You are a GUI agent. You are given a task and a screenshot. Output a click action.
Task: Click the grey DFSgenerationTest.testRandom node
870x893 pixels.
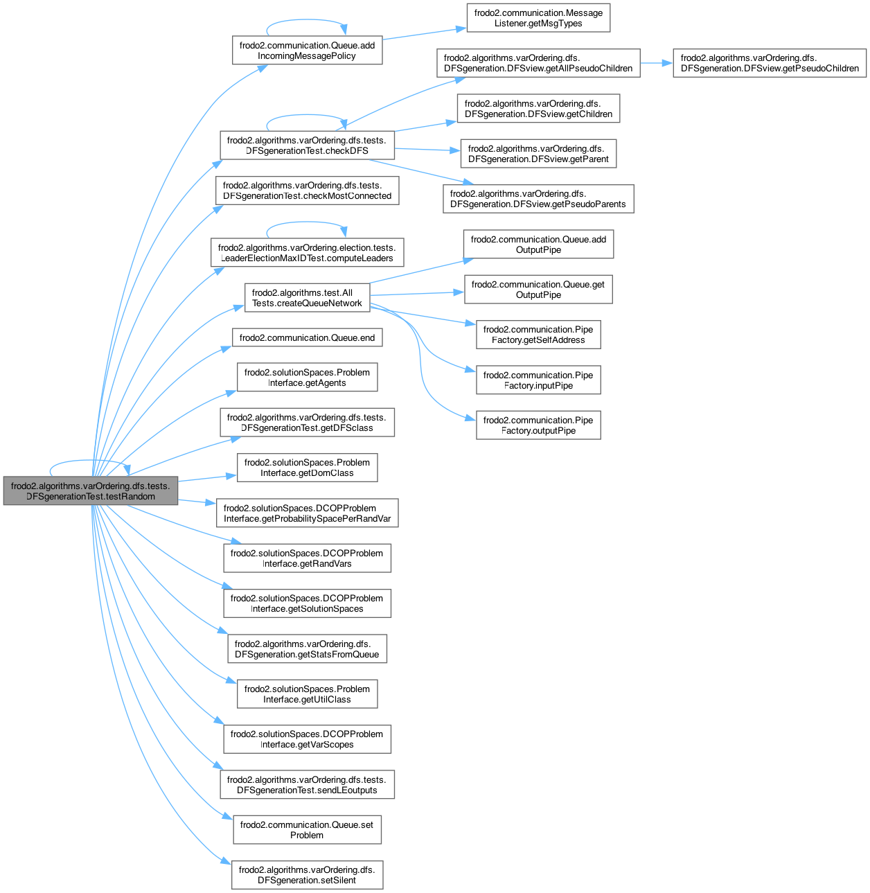click(91, 491)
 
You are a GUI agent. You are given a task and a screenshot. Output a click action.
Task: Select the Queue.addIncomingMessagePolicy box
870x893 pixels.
click(307, 51)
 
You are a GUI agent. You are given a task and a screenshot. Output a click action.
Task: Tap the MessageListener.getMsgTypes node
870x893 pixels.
click(538, 18)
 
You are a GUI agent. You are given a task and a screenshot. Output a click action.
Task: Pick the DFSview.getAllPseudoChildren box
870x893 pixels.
click(538, 63)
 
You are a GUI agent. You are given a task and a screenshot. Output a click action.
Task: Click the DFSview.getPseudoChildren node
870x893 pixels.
click(770, 63)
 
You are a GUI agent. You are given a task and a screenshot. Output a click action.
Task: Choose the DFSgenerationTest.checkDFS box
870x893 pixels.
click(307, 145)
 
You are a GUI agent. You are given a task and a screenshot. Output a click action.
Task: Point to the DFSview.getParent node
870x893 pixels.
click(538, 154)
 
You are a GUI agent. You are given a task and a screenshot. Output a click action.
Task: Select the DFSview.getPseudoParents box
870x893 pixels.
click(538, 199)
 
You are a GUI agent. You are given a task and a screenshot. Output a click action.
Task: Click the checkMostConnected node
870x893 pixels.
click(307, 191)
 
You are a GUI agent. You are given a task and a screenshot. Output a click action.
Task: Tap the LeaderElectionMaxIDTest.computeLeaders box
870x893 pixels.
click(307, 253)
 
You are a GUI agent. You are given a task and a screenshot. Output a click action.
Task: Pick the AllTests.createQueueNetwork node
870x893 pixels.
click(307, 298)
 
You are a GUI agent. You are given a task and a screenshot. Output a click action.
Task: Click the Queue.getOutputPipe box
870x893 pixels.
click(538, 290)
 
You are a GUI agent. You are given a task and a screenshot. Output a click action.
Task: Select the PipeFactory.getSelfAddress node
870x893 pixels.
click(538, 335)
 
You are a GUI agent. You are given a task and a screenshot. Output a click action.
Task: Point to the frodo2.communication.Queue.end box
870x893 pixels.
click(307, 338)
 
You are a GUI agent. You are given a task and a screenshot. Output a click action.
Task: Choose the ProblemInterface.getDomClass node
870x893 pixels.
click(307, 468)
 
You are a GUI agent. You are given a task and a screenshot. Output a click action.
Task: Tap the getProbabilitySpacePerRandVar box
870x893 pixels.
click(307, 513)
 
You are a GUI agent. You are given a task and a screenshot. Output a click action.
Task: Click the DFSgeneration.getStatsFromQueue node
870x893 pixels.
click(307, 649)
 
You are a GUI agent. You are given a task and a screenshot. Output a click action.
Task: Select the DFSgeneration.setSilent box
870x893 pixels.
click(307, 875)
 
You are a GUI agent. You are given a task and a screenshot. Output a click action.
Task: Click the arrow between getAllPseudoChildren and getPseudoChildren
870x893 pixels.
click(656, 63)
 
